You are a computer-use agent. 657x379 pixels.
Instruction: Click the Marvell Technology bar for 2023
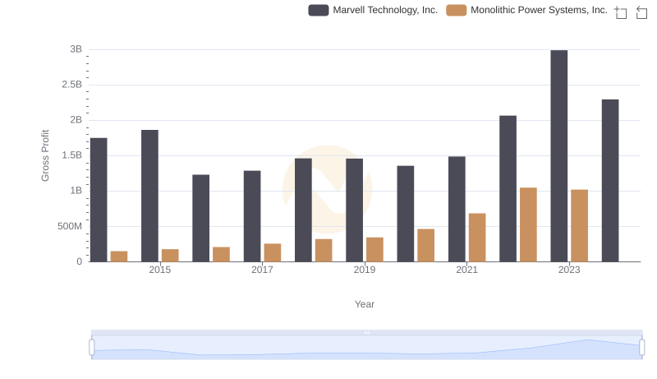559,156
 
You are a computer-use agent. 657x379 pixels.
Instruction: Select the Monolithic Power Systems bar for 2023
580,225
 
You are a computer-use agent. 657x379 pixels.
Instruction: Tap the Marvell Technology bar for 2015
149,196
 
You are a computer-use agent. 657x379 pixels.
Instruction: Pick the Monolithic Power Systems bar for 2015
170,255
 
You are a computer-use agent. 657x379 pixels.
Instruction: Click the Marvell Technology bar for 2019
354,210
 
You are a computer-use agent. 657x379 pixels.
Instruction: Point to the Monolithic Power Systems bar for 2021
477,238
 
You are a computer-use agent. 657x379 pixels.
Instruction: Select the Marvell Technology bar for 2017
252,216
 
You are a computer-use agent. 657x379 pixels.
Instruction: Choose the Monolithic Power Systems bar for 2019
374,249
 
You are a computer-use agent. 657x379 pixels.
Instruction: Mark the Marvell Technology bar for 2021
457,209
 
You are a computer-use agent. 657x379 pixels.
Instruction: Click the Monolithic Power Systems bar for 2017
273,252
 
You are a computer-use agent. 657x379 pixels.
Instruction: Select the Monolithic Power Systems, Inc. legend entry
526,10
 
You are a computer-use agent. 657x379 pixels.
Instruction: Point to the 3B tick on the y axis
76,49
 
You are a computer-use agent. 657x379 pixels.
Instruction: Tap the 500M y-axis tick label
69,226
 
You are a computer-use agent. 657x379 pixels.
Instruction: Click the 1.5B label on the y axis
72,155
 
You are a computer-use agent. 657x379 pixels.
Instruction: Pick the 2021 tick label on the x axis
466,270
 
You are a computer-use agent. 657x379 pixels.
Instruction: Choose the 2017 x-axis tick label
262,270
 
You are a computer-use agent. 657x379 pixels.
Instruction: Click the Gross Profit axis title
45,155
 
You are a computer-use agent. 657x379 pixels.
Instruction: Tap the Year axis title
365,304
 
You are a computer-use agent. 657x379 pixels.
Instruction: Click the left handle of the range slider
92,348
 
